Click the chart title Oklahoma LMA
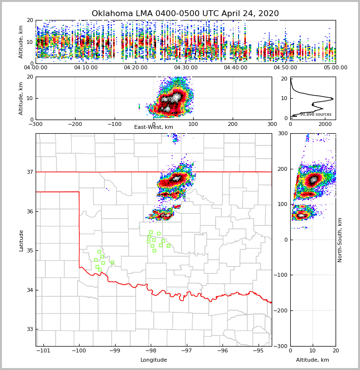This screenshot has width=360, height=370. coord(185,14)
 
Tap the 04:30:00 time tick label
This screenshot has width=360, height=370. coord(186,68)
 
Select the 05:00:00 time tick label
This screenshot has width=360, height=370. coord(335,68)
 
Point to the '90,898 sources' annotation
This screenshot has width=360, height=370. coord(315,114)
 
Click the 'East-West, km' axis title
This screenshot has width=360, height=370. coord(154,127)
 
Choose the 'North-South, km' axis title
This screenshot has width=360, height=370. coord(340,240)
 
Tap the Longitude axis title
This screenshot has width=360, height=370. coord(154,360)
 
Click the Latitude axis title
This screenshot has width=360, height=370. coord(21,240)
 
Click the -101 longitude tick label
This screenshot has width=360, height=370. coord(43,350)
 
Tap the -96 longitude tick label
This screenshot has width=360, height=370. coord(222,350)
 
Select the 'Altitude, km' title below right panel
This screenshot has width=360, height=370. coord(313,360)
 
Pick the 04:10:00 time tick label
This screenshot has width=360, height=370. coord(86,68)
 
